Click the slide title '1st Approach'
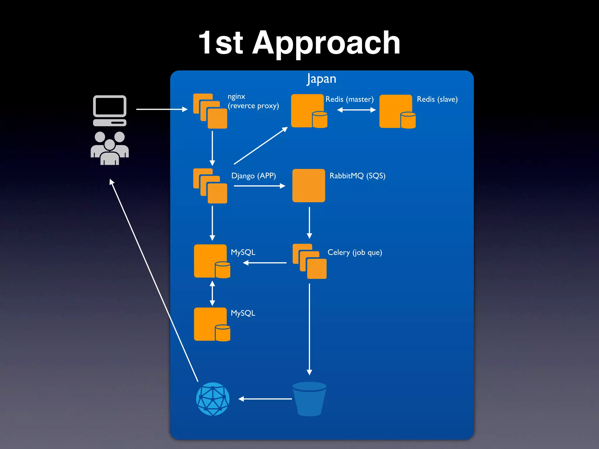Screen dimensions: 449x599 point(299,43)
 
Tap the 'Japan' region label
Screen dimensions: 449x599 point(321,79)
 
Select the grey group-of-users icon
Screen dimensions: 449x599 point(110,148)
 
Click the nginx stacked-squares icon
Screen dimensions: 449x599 point(210,111)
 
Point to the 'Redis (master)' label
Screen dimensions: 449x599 point(349,99)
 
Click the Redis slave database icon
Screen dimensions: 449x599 point(397,112)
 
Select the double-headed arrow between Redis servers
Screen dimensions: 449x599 point(356,110)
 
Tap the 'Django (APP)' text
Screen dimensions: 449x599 point(253,176)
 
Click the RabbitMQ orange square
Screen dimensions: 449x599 point(309,186)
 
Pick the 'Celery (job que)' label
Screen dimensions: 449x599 point(354,252)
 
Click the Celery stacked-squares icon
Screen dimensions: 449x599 point(309,261)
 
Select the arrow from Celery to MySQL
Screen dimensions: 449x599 point(265,263)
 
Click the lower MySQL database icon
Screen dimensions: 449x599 point(212,324)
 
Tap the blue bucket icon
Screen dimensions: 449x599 point(309,399)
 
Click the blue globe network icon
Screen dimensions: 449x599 point(213,399)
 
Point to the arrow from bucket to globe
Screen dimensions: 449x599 point(265,399)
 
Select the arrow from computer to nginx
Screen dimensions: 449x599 point(162,109)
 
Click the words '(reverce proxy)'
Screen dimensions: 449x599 point(253,106)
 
